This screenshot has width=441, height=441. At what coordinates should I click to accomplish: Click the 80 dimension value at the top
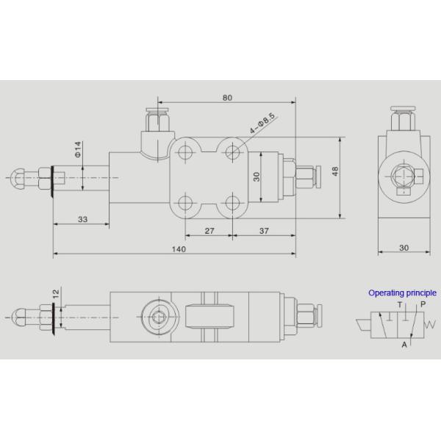(x=227, y=97)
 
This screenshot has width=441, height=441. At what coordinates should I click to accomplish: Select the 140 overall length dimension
(x=179, y=248)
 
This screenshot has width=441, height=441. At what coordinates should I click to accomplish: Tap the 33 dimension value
(x=82, y=219)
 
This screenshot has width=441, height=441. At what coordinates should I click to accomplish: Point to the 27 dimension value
(x=209, y=230)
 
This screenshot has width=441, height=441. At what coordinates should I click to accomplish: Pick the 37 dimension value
(x=262, y=230)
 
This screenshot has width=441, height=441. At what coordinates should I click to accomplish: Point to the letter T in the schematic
(x=399, y=304)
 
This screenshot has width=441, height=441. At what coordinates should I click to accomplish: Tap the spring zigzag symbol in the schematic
(x=431, y=324)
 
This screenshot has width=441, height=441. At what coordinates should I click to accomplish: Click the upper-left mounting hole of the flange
(x=187, y=152)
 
